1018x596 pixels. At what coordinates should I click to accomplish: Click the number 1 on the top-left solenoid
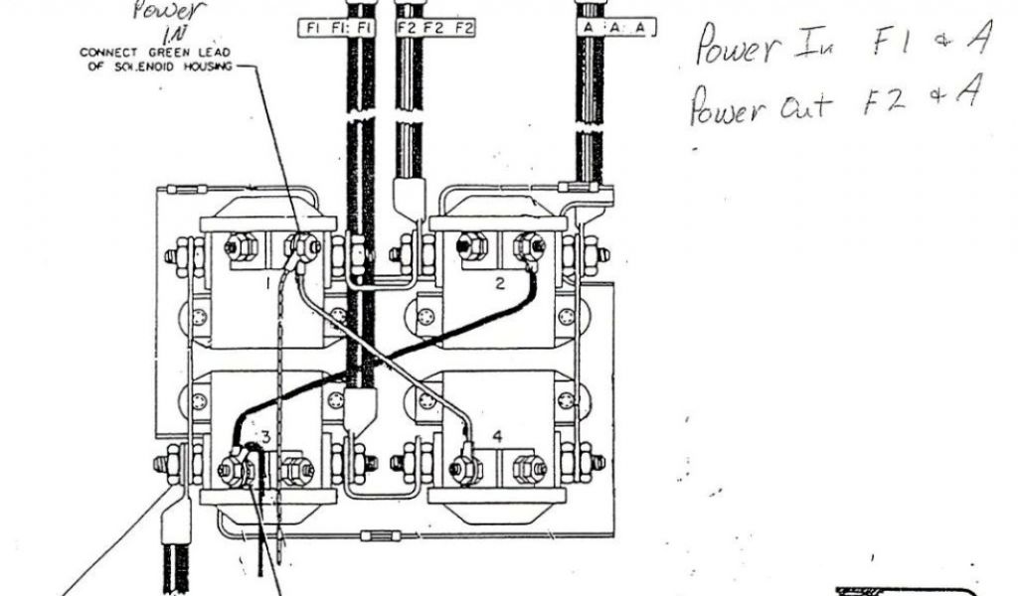tap(267, 283)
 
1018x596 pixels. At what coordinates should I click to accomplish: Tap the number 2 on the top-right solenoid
tap(501, 283)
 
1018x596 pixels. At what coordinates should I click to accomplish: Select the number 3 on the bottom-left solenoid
tap(265, 436)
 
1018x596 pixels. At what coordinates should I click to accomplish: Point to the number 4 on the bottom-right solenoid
tap(498, 436)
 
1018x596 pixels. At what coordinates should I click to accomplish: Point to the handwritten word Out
tap(802, 104)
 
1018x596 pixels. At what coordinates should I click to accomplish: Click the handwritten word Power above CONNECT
tap(164, 12)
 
